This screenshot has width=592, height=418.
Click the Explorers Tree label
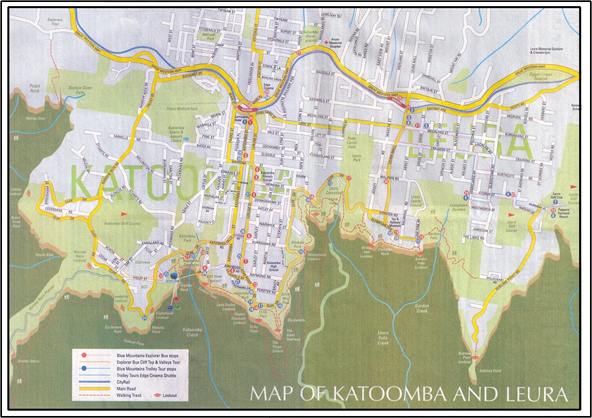[55, 22]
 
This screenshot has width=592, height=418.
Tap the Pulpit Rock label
[35, 88]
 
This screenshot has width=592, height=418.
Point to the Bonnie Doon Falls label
[80, 90]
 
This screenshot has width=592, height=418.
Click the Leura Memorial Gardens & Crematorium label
[546, 51]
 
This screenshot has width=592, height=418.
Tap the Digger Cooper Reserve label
[540, 76]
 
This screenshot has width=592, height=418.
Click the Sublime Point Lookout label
[465, 357]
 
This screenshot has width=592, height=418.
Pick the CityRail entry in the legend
[123, 382]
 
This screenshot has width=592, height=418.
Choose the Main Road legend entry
[126, 389]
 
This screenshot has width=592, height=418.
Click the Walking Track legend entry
[129, 395]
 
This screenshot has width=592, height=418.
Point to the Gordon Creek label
[422, 308]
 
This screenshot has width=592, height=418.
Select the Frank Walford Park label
[182, 109]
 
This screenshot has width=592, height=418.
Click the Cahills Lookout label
[16, 192]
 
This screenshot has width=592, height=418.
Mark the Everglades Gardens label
[458, 207]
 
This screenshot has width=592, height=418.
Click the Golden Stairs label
[29, 361]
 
